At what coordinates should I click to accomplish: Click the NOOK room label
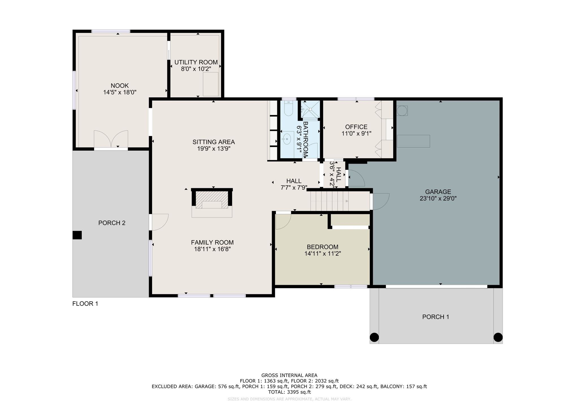coord(120,86)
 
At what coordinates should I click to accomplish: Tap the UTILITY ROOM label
coord(196,62)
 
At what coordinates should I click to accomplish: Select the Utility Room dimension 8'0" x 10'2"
coord(196,69)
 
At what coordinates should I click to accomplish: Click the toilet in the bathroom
coord(288,109)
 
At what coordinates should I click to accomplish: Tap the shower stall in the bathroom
coord(310,109)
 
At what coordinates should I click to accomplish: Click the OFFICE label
coord(356,127)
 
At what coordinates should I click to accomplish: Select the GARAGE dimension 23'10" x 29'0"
coord(438,198)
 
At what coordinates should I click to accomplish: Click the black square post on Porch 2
coord(77,235)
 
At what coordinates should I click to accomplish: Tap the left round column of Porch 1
coord(374,337)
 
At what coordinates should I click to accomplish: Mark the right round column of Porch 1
coord(498,337)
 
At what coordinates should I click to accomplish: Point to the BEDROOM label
coord(323,247)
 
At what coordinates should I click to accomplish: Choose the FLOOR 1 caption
coord(85,304)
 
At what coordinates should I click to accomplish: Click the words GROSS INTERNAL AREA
coord(289,375)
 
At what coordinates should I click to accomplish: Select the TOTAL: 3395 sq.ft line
coord(289,392)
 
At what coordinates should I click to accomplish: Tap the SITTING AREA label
coord(214,142)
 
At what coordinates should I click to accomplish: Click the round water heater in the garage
coord(402,111)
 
